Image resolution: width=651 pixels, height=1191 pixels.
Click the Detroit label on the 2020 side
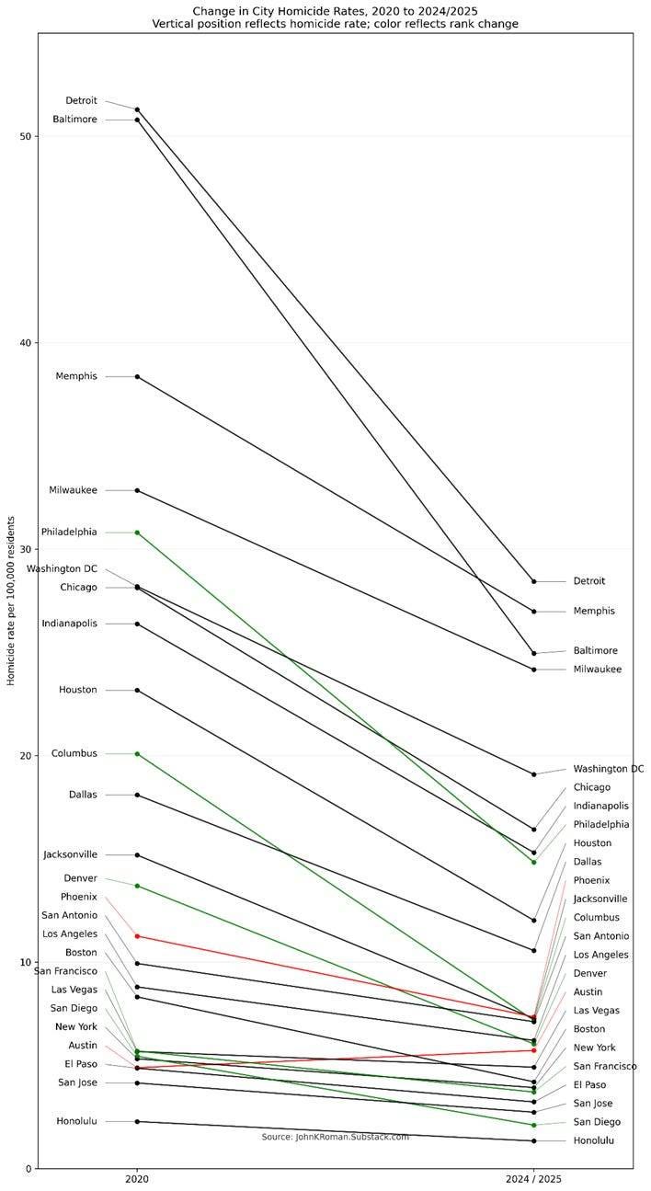pyautogui.click(x=81, y=100)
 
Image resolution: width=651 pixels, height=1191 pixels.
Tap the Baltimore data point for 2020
pyautogui.click(x=137, y=120)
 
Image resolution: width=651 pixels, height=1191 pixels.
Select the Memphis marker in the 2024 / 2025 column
pyautogui.click(x=533, y=611)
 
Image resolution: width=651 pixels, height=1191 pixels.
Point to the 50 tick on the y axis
pyautogui.click(x=25, y=136)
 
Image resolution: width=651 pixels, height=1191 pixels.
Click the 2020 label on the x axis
pyautogui.click(x=137, y=1179)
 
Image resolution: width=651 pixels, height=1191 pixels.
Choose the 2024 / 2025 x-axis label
pyautogui.click(x=533, y=1179)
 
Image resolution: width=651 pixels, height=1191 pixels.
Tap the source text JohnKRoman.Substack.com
pyautogui.click(x=335, y=1137)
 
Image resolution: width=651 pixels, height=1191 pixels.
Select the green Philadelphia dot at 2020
pyautogui.click(x=137, y=533)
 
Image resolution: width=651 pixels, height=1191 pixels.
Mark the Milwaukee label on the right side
pyautogui.click(x=597, y=670)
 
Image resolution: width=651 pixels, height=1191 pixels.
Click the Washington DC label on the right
pyautogui.click(x=608, y=769)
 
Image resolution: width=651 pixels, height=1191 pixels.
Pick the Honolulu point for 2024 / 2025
pyautogui.click(x=533, y=1140)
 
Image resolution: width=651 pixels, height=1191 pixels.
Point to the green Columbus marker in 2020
pyautogui.click(x=137, y=753)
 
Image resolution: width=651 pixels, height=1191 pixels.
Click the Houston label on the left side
pyautogui.click(x=77, y=690)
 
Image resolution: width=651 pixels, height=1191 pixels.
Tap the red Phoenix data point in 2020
pyautogui.click(x=137, y=935)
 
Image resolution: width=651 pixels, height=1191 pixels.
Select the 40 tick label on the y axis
pyautogui.click(x=25, y=343)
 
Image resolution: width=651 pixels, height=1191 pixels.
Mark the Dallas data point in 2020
pyautogui.click(x=137, y=795)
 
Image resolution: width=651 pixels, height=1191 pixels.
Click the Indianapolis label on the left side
pyautogui.click(x=69, y=624)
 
